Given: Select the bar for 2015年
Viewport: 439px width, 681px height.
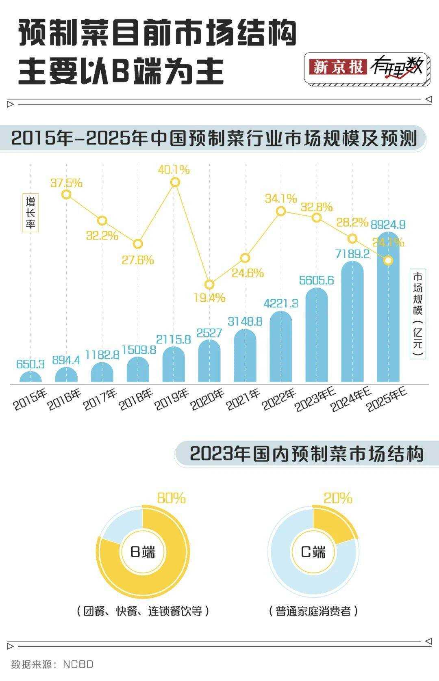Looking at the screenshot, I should pyautogui.click(x=30, y=378).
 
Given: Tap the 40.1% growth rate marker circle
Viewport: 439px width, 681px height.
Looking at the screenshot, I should pyautogui.click(x=175, y=182).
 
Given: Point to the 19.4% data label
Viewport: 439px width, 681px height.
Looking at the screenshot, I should pyautogui.click(x=209, y=298).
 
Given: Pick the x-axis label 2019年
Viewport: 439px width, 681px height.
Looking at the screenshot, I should pyautogui.click(x=172, y=399).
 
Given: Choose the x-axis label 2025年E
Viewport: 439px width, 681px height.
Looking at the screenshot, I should pyautogui.click(x=387, y=400).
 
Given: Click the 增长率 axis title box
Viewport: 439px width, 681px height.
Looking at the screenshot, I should pyautogui.click(x=30, y=213).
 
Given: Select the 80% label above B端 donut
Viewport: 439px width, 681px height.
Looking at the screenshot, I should pyautogui.click(x=171, y=498).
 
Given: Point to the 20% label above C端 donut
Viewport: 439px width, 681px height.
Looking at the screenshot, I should pyautogui.click(x=338, y=498).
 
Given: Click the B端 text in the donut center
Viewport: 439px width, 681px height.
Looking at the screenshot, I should pyautogui.click(x=143, y=552).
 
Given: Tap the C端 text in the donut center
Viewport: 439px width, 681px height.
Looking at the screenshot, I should pyautogui.click(x=313, y=552).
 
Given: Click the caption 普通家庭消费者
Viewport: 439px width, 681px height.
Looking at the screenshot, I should pyautogui.click(x=313, y=611).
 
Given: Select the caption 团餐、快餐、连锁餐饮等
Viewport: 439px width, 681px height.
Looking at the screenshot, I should pyautogui.click(x=143, y=611).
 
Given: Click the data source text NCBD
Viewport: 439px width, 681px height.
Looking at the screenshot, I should pyautogui.click(x=78, y=664).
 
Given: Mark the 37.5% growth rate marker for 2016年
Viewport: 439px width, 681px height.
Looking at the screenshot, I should pyautogui.click(x=67, y=195).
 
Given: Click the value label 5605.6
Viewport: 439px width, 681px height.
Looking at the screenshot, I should pyautogui.click(x=316, y=280).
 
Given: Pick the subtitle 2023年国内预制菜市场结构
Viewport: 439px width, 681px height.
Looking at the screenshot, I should pyautogui.click(x=306, y=454).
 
